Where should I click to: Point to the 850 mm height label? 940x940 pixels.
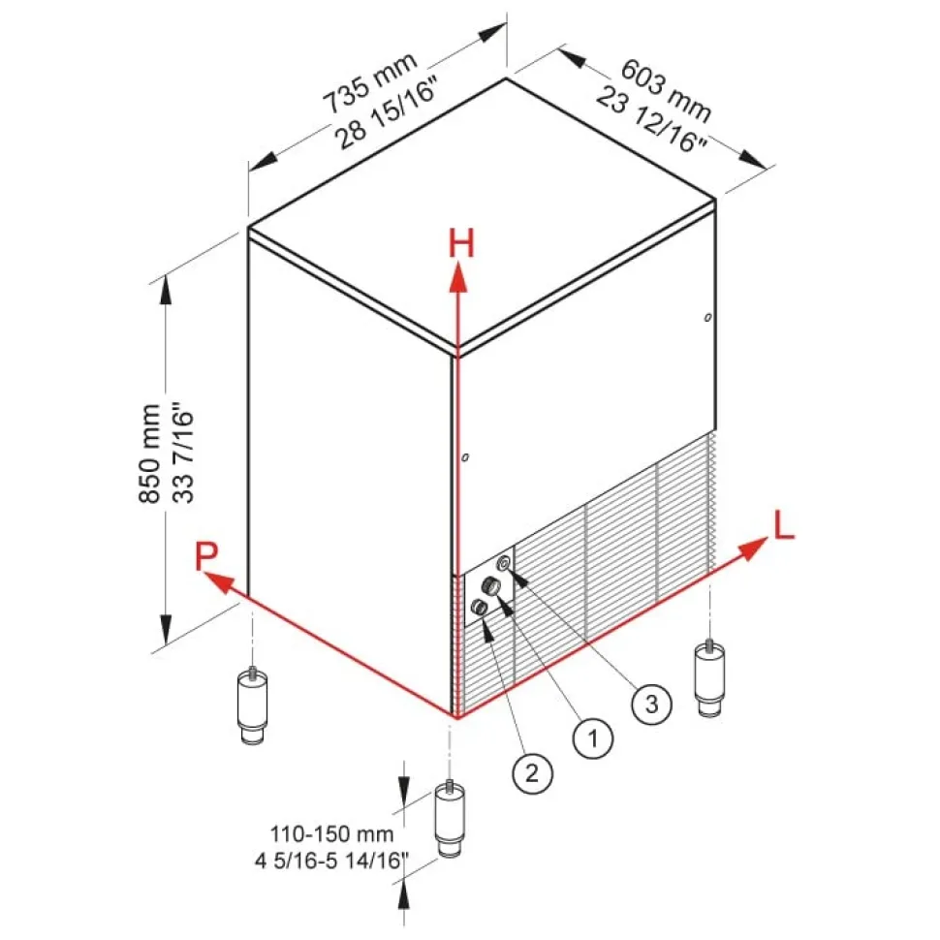tap(149, 454)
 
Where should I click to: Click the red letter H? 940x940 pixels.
tap(460, 244)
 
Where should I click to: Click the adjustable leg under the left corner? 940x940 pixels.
tap(253, 707)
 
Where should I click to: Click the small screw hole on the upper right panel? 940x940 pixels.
tap(708, 317)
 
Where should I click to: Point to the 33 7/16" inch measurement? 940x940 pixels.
tap(183, 454)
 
